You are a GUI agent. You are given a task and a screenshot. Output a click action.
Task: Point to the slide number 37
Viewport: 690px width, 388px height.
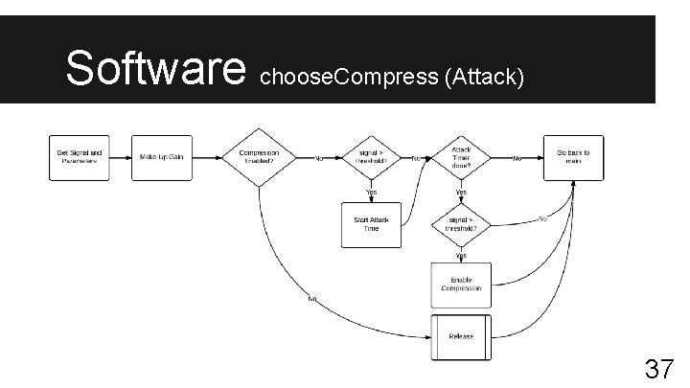tap(657, 369)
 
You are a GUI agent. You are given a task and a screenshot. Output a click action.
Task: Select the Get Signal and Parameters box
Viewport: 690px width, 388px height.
tap(80, 157)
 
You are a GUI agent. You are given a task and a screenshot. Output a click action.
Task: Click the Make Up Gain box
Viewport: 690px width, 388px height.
tap(161, 157)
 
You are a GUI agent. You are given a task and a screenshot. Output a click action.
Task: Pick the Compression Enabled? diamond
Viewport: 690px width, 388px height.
tap(259, 157)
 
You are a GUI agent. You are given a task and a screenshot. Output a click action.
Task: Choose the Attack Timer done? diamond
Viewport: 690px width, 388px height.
tap(461, 157)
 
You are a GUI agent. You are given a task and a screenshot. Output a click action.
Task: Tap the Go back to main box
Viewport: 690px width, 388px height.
tap(573, 157)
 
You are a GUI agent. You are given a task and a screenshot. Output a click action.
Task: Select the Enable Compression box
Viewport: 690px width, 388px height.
tap(461, 285)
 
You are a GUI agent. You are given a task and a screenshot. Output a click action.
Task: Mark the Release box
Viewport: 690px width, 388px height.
tap(461, 337)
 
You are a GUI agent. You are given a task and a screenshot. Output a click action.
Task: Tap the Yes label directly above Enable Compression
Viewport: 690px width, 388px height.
tap(461, 256)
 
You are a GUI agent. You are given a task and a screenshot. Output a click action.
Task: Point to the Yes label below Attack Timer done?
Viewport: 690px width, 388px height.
tap(461, 192)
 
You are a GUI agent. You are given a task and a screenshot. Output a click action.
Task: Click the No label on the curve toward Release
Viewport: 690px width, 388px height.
tap(311, 300)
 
